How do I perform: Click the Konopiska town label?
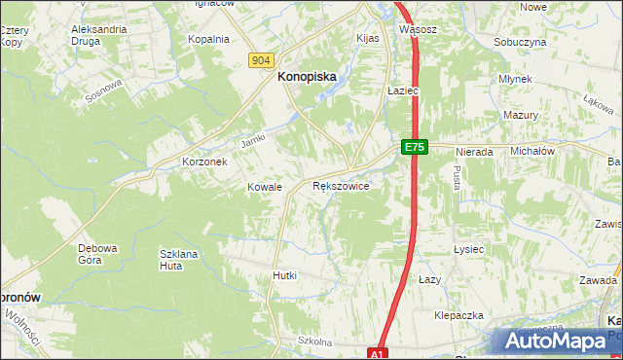(x=309, y=74)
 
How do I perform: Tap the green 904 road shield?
(x=260, y=60)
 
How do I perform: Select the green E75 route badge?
(x=414, y=147)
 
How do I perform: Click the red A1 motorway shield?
(x=379, y=353)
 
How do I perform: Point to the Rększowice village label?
(x=340, y=186)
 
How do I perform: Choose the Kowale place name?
(x=264, y=187)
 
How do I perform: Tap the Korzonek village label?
(x=204, y=162)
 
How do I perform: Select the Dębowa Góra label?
(x=97, y=254)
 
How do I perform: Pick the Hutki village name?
(x=284, y=276)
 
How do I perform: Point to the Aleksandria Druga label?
(x=99, y=36)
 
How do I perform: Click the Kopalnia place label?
(x=207, y=40)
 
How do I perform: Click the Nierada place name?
(x=473, y=153)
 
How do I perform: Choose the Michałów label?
(x=532, y=153)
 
